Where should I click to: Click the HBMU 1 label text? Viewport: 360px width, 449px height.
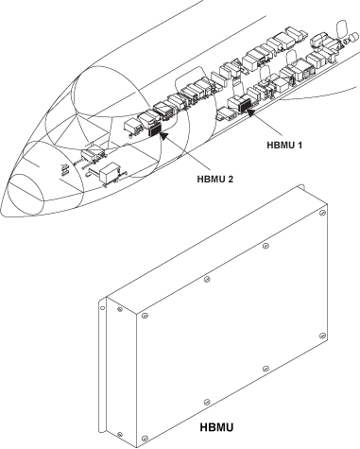284,146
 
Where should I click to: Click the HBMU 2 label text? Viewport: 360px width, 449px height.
215,179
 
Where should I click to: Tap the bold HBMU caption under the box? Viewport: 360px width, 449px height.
216,427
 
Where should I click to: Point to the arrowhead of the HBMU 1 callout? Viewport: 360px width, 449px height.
249,112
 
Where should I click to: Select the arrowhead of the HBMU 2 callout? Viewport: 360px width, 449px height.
163,135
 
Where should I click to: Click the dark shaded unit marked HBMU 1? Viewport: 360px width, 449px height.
245,105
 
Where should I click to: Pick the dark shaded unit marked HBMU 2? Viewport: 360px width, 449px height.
155,130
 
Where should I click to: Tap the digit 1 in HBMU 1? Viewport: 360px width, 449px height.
300,146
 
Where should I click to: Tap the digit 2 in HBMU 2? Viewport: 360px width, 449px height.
231,179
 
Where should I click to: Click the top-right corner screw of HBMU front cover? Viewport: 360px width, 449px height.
322,213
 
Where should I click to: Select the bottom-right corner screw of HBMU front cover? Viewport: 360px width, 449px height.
322,336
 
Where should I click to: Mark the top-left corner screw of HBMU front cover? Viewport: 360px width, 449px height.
145,315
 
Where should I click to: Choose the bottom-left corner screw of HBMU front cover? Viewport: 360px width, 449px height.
145,438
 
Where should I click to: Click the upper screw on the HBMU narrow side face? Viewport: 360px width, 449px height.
120,309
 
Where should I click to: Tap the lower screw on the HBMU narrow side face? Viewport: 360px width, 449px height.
120,435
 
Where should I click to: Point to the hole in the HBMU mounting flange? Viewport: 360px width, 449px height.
102,308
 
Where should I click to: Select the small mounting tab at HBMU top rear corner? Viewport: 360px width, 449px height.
301,186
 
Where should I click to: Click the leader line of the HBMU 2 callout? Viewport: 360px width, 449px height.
187,153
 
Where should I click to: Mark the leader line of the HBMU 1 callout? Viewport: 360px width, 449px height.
266,124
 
